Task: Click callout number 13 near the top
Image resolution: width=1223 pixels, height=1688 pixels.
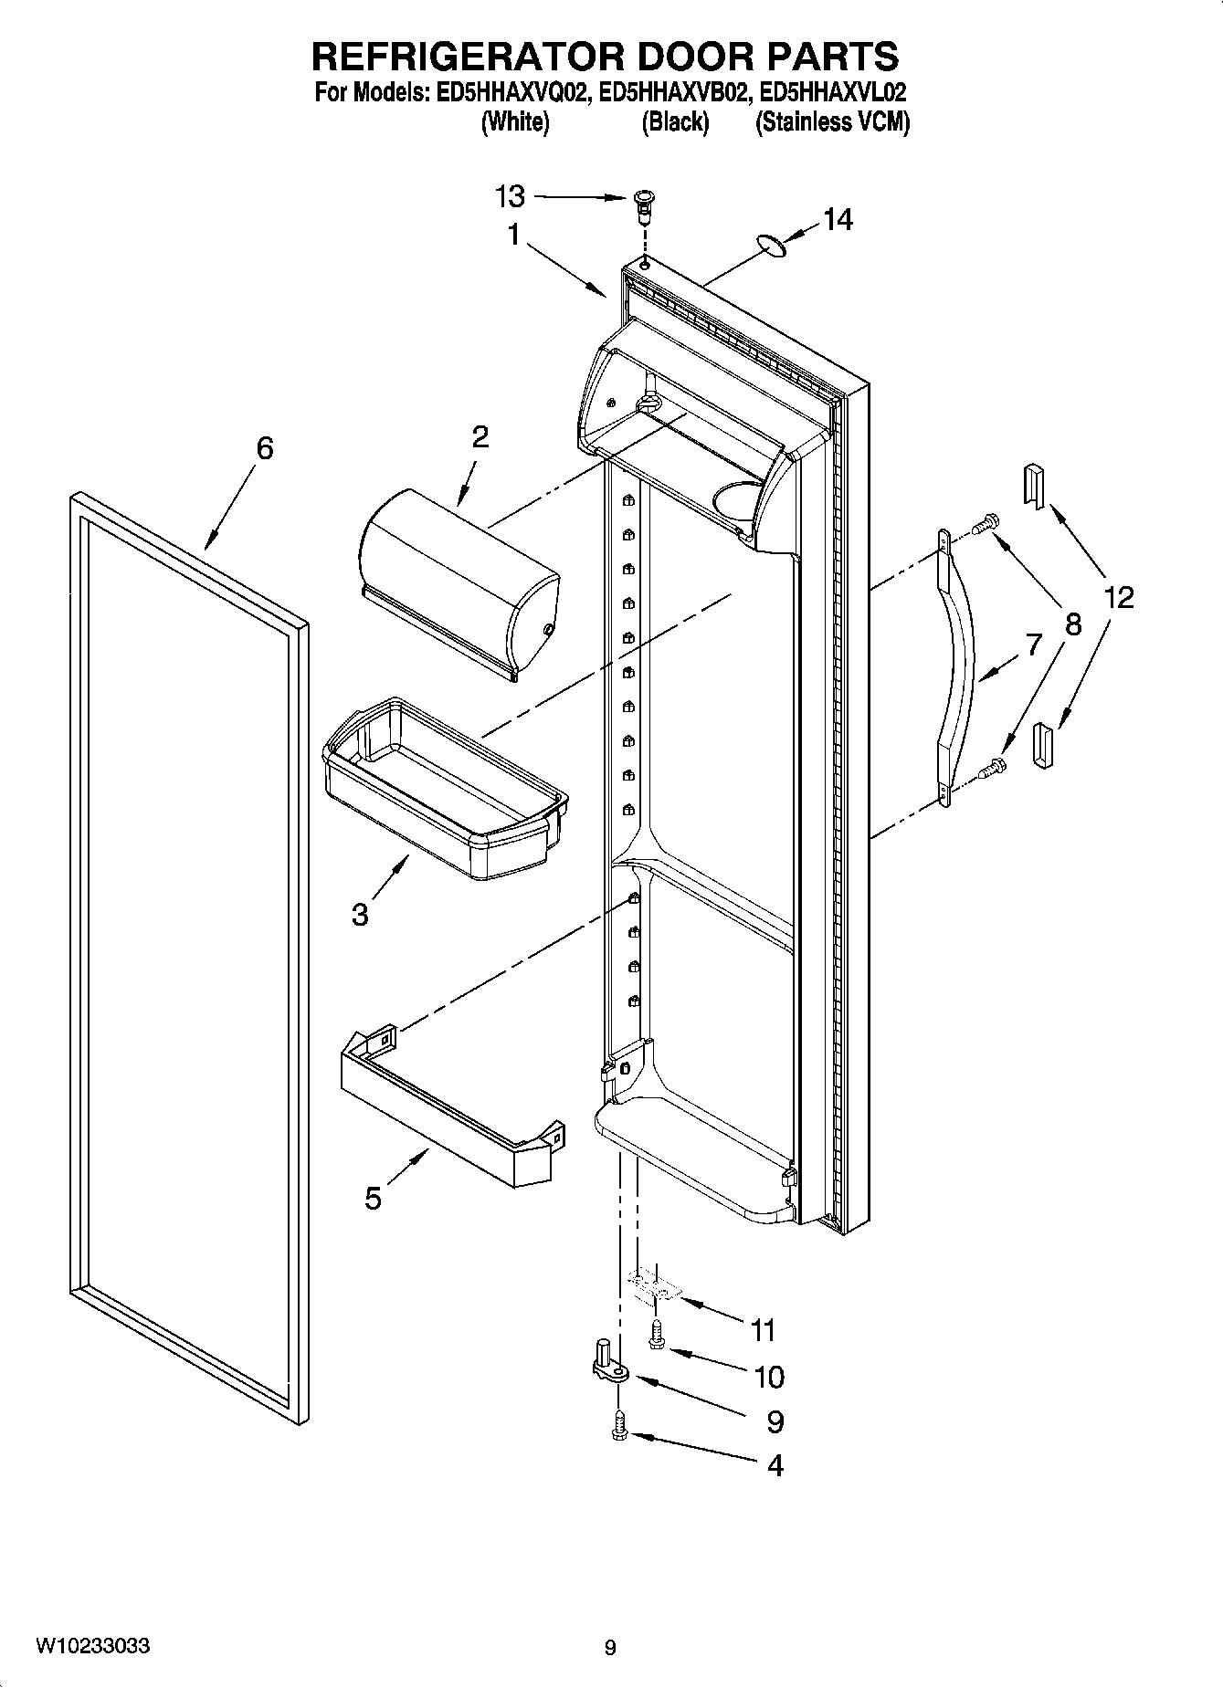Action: tap(510, 195)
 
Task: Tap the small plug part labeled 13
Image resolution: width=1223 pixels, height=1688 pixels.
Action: tap(645, 205)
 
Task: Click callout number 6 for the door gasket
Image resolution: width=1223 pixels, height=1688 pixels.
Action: tap(264, 448)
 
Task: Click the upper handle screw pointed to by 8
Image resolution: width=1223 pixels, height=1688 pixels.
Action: tap(984, 525)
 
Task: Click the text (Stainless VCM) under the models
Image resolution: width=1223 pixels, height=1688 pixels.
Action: tap(832, 122)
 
